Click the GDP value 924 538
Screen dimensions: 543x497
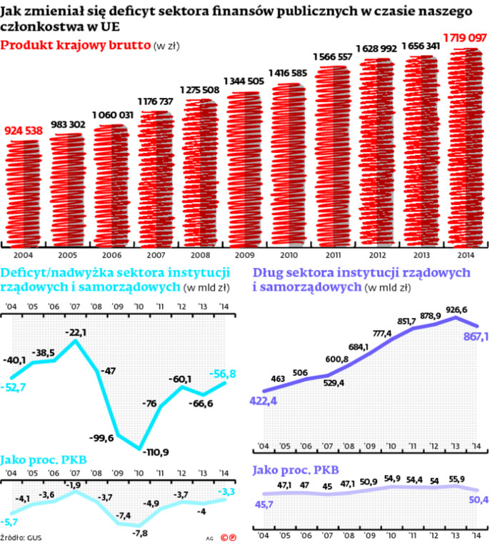(24, 130)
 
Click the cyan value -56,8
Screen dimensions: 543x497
(223, 373)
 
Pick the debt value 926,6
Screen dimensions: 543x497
(453, 309)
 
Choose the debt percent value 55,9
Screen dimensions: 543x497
(456, 479)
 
